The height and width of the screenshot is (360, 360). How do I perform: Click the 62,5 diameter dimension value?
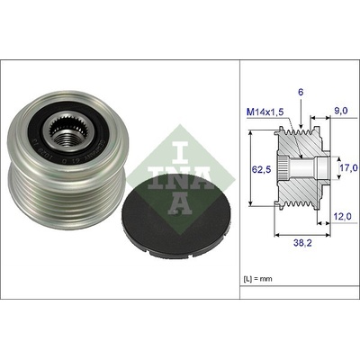coord(261,170)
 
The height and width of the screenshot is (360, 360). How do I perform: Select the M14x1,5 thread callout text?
coord(265,112)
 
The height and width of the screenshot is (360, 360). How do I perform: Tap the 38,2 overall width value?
coord(302,243)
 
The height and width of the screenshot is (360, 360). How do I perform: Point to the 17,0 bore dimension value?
coord(348,167)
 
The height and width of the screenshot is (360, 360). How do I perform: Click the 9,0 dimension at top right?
coord(341,111)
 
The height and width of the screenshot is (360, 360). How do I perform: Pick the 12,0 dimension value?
coord(343,216)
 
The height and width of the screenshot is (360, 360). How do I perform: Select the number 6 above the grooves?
coord(301,92)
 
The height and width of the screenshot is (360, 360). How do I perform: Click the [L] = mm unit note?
coord(257,279)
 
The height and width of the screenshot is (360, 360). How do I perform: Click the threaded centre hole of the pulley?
coord(66,139)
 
